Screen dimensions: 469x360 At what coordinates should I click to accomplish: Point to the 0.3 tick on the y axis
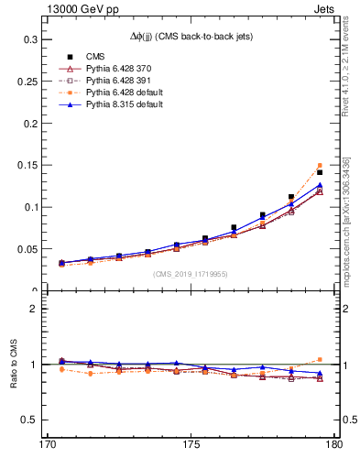[30, 40]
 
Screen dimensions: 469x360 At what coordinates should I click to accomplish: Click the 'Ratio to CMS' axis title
[13, 365]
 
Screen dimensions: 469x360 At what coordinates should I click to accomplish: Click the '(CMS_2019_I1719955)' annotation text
[191, 273]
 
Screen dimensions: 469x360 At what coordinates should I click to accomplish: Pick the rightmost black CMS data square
[320, 172]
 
